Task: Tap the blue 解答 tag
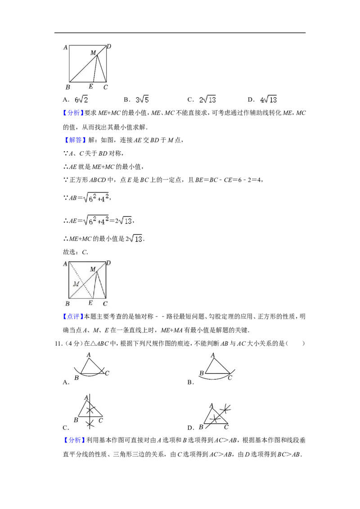(75, 140)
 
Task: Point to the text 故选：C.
(76, 252)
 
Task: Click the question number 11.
(58, 344)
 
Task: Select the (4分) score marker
(73, 344)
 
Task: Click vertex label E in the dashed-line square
(90, 303)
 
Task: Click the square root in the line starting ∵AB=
(96, 197)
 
